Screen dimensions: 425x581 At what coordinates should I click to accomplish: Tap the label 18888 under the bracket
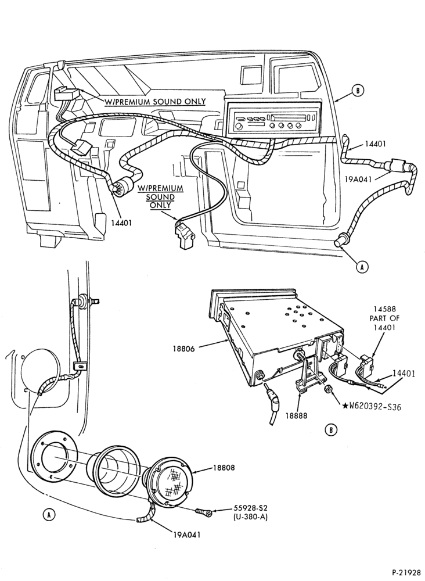(296, 415)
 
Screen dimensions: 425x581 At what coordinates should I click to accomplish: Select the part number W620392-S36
(376, 407)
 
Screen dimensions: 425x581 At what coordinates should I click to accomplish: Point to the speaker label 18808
(224, 468)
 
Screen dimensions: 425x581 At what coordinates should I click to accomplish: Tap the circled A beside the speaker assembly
(49, 514)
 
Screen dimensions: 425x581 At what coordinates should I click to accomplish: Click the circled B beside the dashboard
(358, 91)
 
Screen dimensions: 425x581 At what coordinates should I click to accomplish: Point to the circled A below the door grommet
(362, 267)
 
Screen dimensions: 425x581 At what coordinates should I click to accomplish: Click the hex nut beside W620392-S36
(328, 390)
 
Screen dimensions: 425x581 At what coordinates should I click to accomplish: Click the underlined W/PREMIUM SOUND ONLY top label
(156, 102)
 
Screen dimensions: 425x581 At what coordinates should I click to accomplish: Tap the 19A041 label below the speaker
(186, 535)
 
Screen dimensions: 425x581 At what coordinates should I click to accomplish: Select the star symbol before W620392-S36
(345, 406)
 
